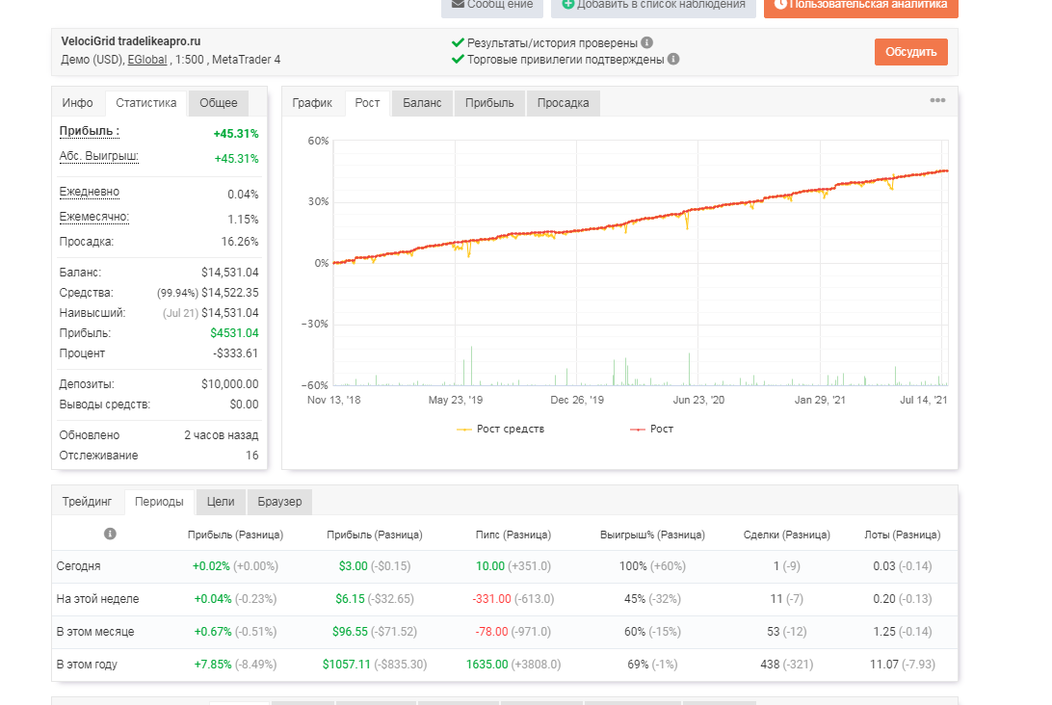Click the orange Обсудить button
click(910, 52)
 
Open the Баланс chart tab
click(422, 103)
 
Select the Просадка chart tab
click(563, 103)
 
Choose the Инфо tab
click(78, 103)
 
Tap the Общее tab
click(218, 103)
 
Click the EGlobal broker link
click(147, 60)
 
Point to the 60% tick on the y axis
click(319, 141)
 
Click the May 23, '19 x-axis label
click(456, 400)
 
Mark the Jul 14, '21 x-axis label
click(923, 400)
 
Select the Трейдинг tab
click(88, 502)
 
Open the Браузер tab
click(279, 502)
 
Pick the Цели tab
click(221, 502)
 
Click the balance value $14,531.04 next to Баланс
click(229, 273)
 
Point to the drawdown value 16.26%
click(240, 242)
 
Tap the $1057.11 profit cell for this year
click(346, 665)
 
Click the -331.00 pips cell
click(491, 598)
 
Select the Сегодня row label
click(78, 566)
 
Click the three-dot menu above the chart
click(937, 100)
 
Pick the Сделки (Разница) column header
click(786, 535)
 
